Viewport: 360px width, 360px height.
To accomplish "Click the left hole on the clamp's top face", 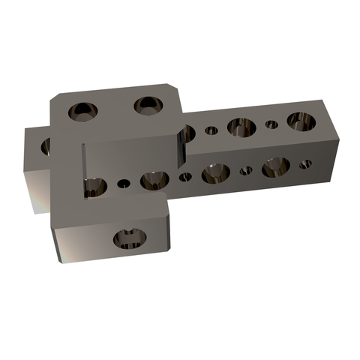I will [82, 112].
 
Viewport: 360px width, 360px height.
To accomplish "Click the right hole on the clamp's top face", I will [148, 105].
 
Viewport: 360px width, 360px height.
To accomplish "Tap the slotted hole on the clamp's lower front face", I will [130, 240].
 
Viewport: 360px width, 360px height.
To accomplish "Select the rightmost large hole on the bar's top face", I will [300, 121].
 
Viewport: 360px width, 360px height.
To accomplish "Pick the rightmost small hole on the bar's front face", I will [304, 164].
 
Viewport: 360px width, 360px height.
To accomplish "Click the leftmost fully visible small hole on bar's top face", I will [212, 130].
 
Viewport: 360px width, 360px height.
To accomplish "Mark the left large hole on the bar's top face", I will [241, 127].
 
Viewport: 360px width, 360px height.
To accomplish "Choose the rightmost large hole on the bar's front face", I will [275, 167].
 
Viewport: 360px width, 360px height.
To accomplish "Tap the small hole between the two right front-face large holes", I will [245, 171].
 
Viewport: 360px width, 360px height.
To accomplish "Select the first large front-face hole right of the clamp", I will [216, 174].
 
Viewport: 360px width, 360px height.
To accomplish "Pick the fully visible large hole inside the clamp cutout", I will [153, 180].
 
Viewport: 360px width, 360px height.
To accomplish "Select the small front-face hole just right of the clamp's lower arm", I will [185, 178].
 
